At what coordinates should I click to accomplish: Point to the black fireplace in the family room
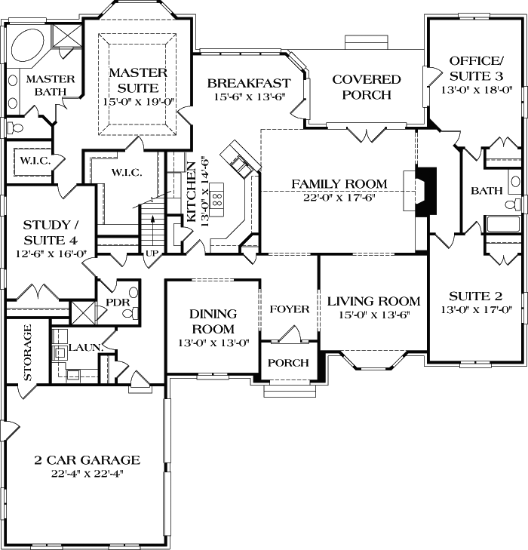tap(428, 193)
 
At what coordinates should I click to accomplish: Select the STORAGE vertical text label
tap(28, 352)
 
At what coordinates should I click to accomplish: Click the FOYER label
tap(290, 309)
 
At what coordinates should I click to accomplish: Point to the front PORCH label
tap(288, 363)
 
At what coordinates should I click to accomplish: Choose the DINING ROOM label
tap(213, 321)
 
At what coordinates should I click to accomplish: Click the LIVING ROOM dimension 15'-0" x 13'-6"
tap(374, 315)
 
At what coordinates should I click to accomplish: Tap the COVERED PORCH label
tap(366, 87)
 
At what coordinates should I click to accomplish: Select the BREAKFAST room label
tap(248, 83)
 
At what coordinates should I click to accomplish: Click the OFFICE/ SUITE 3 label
tap(475, 68)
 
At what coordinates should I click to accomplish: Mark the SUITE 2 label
tap(475, 296)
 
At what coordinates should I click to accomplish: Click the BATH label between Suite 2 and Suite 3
tap(487, 191)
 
